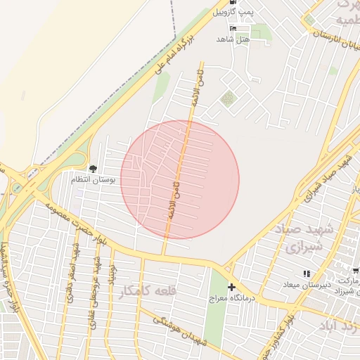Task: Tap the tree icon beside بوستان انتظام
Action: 93,167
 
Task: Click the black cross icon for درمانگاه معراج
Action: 231,287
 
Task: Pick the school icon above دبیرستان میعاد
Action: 306,274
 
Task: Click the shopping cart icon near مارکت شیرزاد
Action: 356,270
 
